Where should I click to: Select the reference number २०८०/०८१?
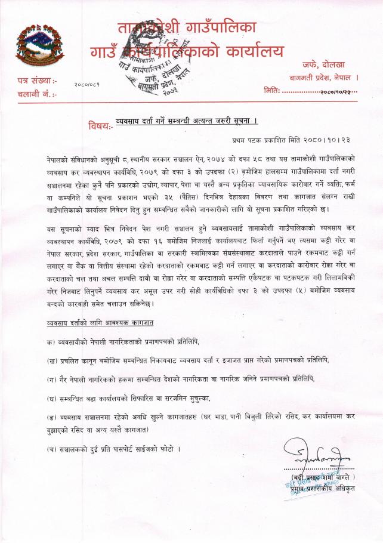click(87, 86)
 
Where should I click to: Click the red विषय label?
click(99, 126)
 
